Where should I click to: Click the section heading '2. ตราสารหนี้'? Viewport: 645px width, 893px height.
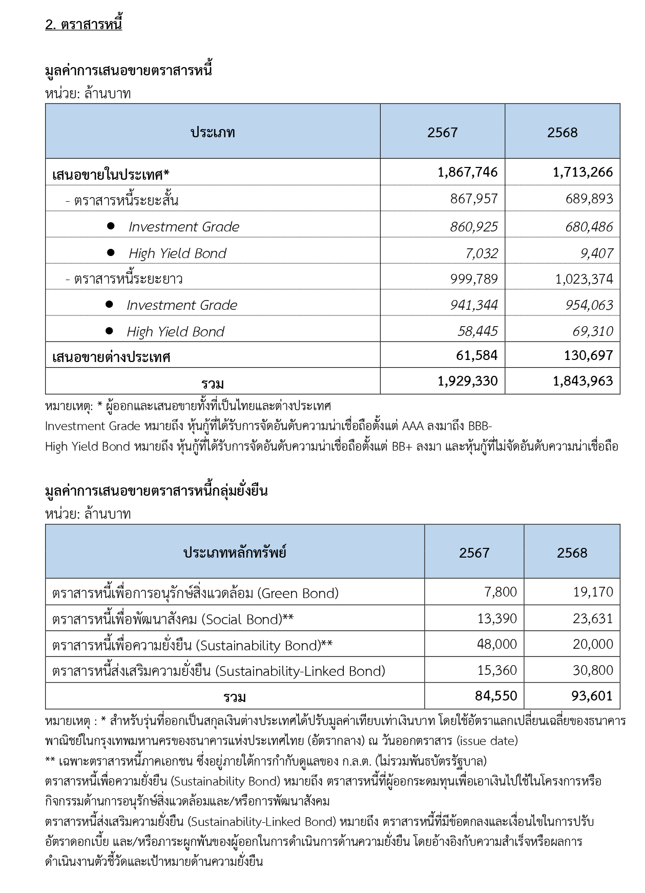[84, 25]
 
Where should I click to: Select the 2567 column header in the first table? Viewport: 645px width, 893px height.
[442, 133]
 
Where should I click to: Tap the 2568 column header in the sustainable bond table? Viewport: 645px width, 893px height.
[572, 553]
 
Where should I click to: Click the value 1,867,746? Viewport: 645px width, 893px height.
[467, 172]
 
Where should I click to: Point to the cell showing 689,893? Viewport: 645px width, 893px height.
[589, 199]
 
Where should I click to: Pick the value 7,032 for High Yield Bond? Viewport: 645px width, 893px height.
[482, 253]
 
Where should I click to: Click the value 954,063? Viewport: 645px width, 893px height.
[589, 305]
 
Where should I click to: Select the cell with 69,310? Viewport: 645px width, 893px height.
[593, 331]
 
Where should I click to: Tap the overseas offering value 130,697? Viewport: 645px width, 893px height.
[588, 355]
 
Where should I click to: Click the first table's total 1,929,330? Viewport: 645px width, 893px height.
[467, 381]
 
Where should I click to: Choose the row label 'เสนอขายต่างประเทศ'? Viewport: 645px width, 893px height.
[111, 357]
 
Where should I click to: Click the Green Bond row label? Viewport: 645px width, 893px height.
[195, 593]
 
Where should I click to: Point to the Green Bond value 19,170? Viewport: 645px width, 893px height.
[593, 592]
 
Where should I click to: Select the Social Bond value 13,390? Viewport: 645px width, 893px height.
[497, 619]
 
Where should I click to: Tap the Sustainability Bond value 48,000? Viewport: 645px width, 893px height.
[496, 644]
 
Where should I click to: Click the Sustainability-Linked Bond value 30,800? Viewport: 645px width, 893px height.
[593, 670]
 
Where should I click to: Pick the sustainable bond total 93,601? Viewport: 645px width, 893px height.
[592, 696]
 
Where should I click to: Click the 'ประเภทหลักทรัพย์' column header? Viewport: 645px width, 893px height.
[235, 553]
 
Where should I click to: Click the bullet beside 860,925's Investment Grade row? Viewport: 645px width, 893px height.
[111, 226]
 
